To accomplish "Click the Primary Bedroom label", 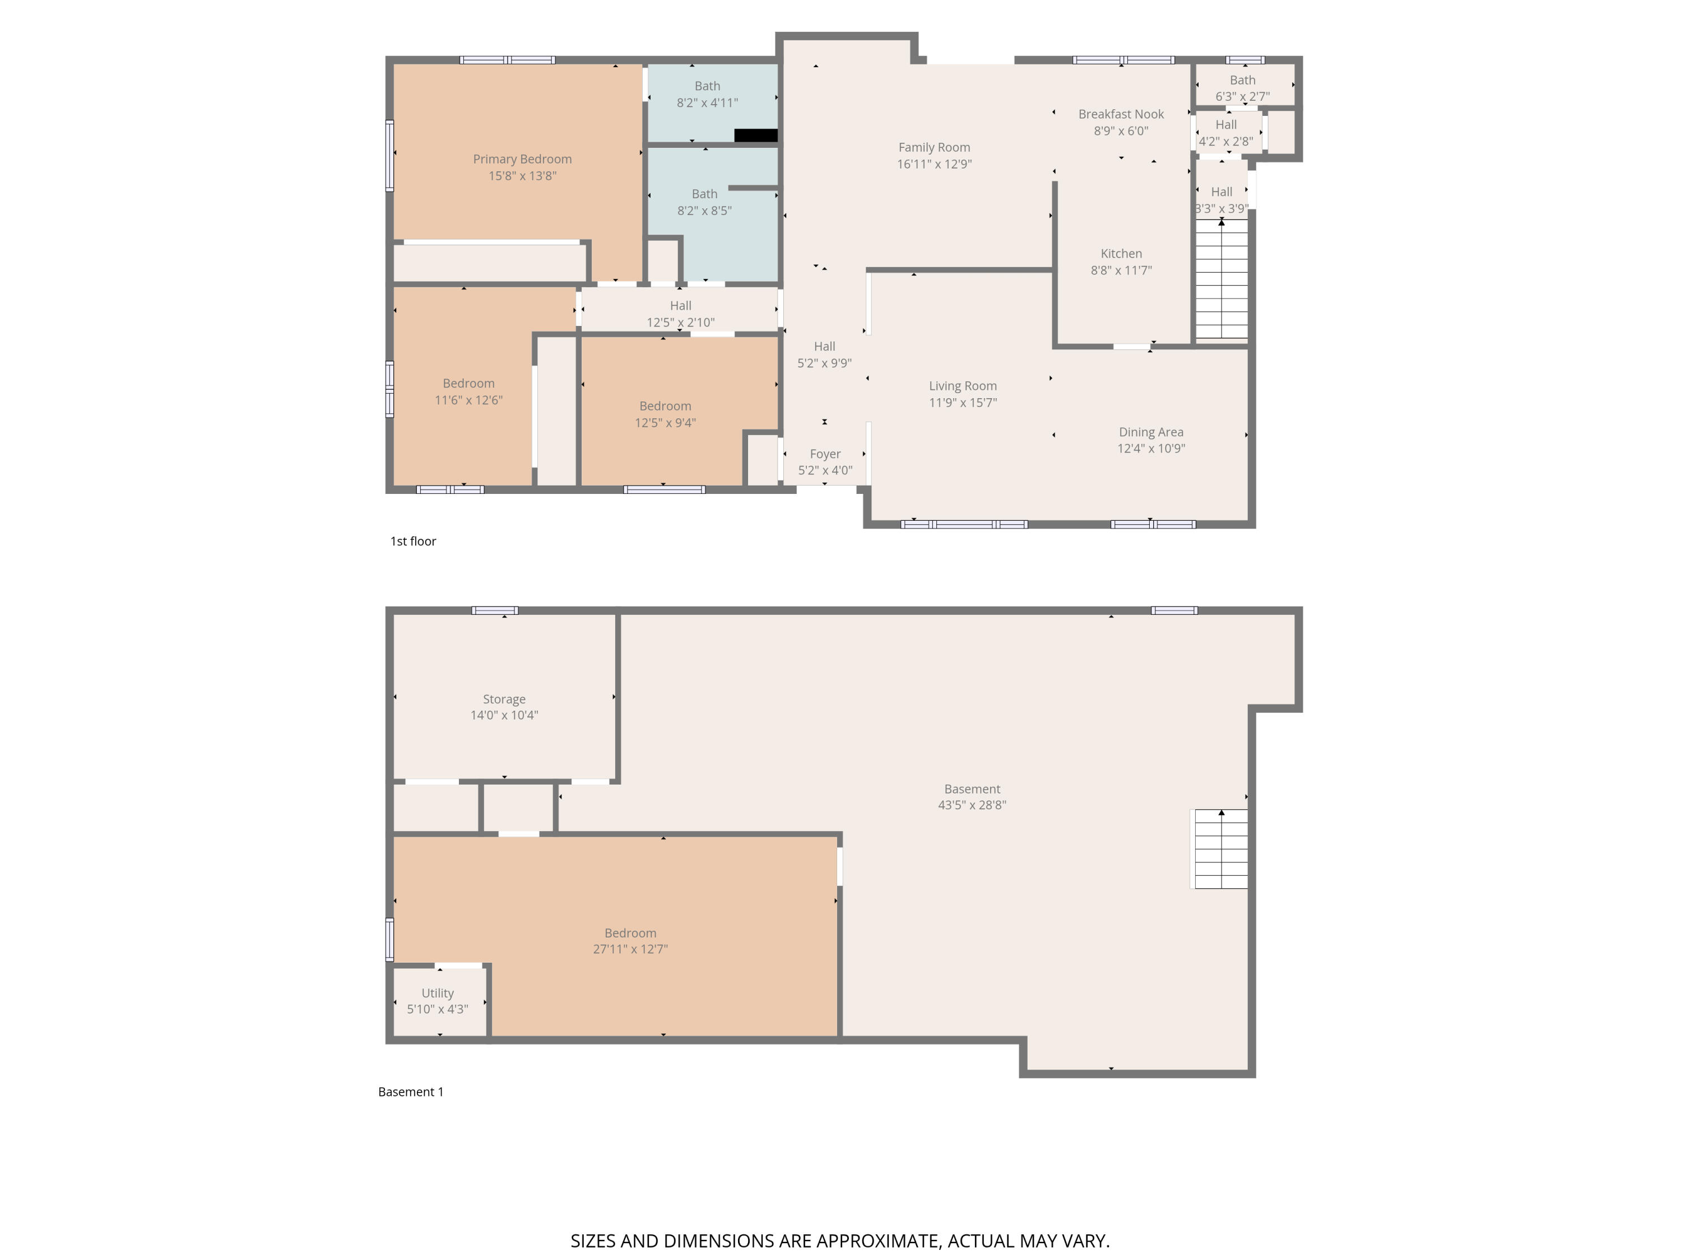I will [522, 158].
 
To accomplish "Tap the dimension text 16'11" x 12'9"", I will [934, 164].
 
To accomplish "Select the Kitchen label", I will [1121, 254].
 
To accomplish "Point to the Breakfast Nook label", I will [1121, 114].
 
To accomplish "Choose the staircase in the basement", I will [1220, 848].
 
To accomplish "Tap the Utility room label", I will [437, 993].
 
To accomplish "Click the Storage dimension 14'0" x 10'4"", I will [504, 715].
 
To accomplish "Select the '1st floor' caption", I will [412, 541].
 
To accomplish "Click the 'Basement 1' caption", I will [410, 1091].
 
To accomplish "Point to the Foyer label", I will [825, 454].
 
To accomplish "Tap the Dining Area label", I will [1150, 431].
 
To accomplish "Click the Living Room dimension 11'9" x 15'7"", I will [963, 403].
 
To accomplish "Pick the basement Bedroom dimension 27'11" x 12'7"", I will [630, 949].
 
